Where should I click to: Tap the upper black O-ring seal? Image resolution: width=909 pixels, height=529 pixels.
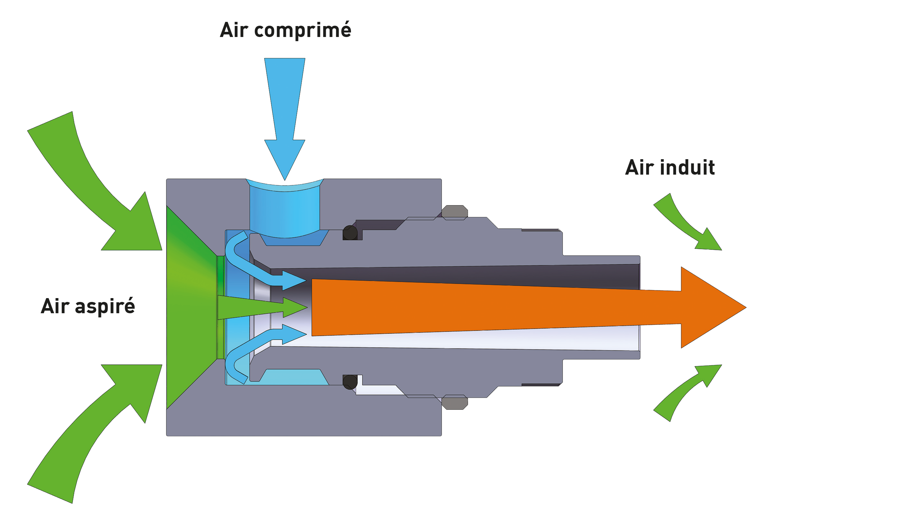tap(350, 233)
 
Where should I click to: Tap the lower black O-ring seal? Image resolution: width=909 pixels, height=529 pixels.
tap(350, 382)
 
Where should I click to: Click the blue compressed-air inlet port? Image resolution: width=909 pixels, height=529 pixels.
tap(285, 213)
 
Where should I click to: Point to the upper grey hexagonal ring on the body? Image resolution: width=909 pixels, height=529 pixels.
tap(454, 212)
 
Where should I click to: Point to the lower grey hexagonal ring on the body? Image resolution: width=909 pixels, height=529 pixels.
tap(454, 402)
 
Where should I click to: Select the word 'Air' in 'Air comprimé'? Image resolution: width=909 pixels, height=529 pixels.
tap(234, 30)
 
